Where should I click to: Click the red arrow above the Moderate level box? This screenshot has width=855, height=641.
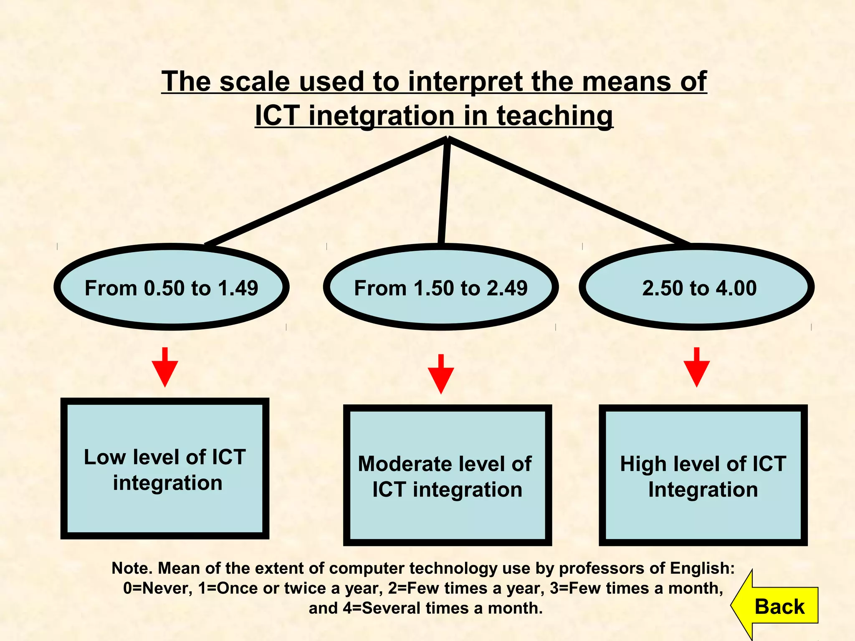click(x=441, y=375)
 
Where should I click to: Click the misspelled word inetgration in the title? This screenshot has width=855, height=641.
click(x=381, y=116)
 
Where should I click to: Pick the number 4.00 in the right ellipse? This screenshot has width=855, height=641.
click(x=737, y=288)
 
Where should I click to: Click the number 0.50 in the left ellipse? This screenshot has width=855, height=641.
click(x=164, y=288)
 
